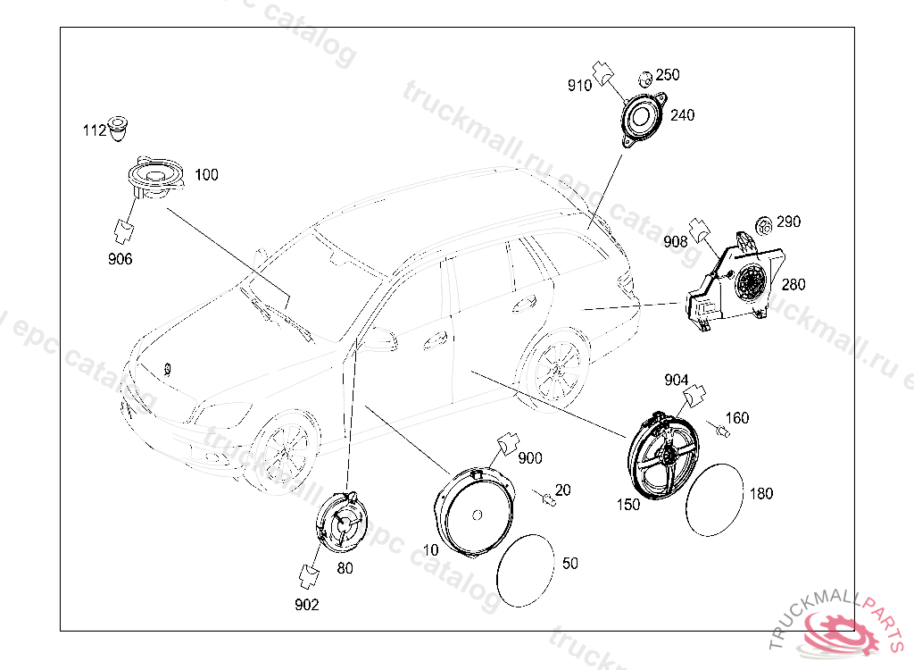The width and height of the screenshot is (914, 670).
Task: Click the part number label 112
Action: click(95, 130)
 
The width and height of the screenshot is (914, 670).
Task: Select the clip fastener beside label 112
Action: click(118, 129)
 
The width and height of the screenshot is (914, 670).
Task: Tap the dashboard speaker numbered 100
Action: click(155, 178)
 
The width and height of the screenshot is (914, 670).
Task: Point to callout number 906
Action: click(120, 258)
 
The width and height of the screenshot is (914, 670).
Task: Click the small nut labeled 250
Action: click(645, 79)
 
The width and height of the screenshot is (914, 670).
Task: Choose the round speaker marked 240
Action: click(643, 120)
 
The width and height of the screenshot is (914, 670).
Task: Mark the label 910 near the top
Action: click(579, 86)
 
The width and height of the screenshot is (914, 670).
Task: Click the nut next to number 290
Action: click(763, 225)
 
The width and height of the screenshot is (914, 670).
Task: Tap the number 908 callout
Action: click(676, 241)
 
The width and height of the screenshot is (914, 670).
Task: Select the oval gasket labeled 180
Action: click(715, 499)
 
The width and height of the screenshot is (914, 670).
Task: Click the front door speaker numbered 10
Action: click(475, 511)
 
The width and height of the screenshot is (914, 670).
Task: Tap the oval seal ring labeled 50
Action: click(525, 570)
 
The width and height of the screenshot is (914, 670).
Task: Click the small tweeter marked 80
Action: click(342, 523)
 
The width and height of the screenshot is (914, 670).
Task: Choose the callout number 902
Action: click(307, 605)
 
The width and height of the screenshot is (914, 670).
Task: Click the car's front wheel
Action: click(284, 450)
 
